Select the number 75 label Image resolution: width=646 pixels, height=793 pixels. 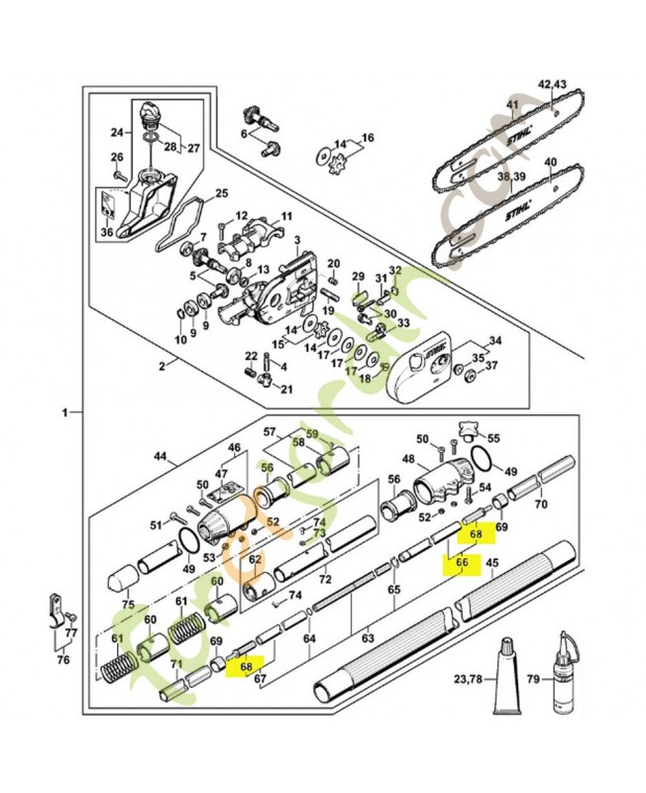coord(128,604)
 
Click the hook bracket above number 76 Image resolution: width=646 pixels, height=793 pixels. coord(58,609)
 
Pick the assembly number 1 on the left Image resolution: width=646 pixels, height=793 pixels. coord(64,410)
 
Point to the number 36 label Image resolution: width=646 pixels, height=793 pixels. coord(107,233)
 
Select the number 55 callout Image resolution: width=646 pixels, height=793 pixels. coord(493,437)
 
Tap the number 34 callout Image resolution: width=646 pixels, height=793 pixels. coord(495,341)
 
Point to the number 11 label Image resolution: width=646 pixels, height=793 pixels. coord(286,216)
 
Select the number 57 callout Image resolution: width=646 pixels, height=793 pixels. coord(269,432)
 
